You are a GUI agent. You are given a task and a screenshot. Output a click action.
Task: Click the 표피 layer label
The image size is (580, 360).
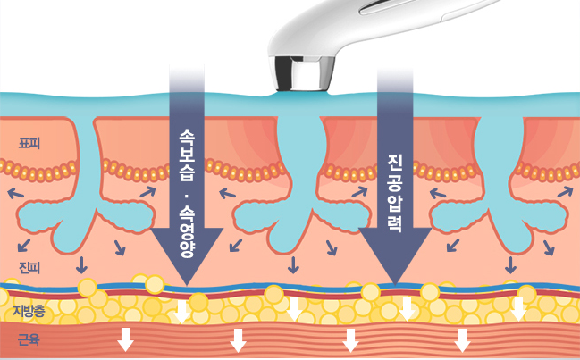click(29, 141)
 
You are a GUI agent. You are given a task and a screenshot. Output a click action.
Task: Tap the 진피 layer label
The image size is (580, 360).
click(29, 266)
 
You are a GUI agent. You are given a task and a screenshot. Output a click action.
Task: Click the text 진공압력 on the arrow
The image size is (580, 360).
click(394, 193)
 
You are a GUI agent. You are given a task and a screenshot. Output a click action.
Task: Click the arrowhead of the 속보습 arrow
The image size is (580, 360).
click(187, 264)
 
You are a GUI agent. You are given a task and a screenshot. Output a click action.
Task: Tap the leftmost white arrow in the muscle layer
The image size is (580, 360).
click(126, 339)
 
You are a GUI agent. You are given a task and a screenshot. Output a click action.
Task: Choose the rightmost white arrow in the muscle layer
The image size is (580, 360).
click(462, 339)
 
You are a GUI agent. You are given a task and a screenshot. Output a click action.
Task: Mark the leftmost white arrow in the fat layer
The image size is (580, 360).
click(182, 310)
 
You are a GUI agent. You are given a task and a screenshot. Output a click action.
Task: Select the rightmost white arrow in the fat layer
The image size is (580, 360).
click(518, 309)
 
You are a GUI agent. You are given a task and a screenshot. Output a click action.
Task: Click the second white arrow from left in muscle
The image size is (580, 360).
click(238, 339)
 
